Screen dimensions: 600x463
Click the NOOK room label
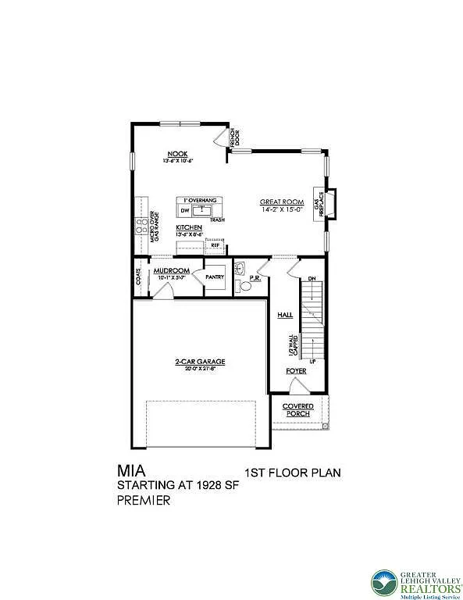[178, 154]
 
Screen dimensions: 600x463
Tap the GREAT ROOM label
[281, 202]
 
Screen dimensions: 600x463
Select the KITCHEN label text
[188, 227]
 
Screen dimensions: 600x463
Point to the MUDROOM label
[172, 270]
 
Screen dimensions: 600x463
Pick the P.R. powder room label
[255, 277]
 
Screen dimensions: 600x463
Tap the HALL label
[284, 315]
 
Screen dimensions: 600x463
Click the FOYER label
[295, 371]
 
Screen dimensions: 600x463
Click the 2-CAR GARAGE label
[200, 361]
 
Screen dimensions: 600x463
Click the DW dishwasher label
[185, 211]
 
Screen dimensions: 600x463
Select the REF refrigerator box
[215, 245]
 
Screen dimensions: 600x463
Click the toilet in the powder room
[245, 287]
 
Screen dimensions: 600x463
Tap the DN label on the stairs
[310, 278]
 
